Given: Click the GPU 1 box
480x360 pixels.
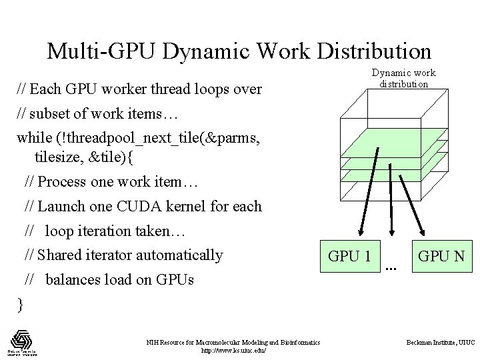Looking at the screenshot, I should pos(350,256).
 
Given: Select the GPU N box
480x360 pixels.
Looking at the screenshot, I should pos(441,255).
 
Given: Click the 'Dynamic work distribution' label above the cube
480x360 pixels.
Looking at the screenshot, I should pos(403,78).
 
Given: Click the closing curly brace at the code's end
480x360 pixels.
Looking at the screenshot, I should pos(20,305).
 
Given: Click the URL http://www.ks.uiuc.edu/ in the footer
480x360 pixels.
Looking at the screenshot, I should pos(233,350).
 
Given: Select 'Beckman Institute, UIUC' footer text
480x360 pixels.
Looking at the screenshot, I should pos(441,342).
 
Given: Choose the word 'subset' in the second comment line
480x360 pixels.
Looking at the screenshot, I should pos(51,113).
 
